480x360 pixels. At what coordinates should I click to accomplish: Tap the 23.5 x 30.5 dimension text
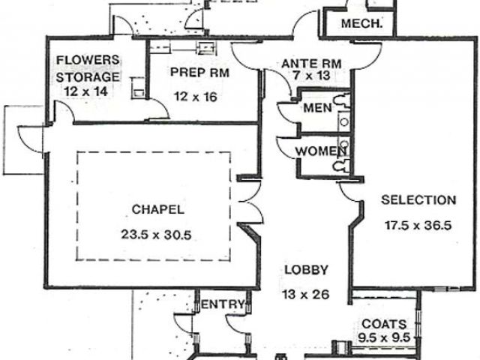click(156, 234)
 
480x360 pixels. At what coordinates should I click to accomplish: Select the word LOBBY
click(305, 270)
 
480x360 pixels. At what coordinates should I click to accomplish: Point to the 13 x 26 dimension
click(305, 294)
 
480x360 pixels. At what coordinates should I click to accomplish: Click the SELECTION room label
click(418, 200)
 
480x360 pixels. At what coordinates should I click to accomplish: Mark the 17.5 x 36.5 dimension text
click(418, 224)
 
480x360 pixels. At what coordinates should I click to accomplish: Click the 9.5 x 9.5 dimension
click(385, 337)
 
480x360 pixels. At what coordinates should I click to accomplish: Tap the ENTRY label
click(223, 304)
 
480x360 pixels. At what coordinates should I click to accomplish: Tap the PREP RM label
click(199, 72)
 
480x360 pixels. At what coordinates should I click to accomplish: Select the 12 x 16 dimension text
click(199, 96)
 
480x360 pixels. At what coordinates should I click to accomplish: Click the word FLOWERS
click(88, 61)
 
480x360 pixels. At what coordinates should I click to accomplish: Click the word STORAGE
click(88, 76)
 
